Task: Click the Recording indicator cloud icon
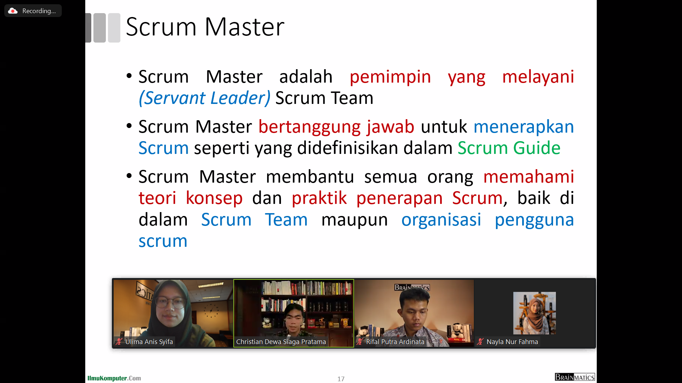13,11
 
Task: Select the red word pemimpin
390,77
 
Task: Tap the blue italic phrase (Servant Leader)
205,98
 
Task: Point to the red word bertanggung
309,127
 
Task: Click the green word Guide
537,148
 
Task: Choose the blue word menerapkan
524,127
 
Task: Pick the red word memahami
529,177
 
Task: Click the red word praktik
319,198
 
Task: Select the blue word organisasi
441,220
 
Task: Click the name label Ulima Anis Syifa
149,342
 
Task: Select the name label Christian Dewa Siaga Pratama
281,342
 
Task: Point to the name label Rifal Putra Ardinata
395,342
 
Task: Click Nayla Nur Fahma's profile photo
535,313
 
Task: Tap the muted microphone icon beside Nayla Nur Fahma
481,342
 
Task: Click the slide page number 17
341,379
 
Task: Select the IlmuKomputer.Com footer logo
114,378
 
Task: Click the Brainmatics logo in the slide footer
575,377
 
